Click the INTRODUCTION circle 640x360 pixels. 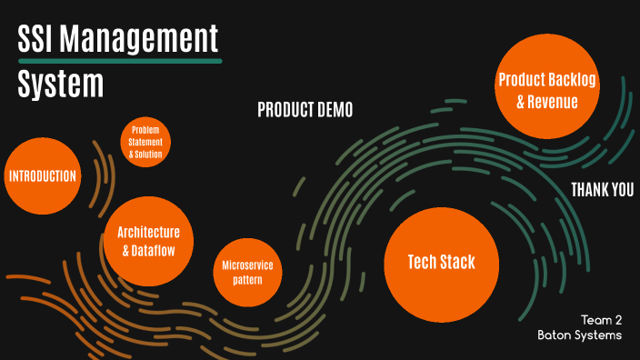pyautogui.click(x=41, y=175)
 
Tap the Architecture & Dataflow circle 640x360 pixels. pyautogui.click(x=149, y=240)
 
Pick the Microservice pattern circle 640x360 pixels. pyautogui.click(x=247, y=272)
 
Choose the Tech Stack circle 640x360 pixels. pyautogui.click(x=442, y=264)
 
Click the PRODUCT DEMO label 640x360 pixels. pyautogui.click(x=305, y=110)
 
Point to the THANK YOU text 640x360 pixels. pyautogui.click(x=602, y=189)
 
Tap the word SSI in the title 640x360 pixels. pyautogui.click(x=39, y=40)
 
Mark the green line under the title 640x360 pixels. pyautogui.click(x=120, y=62)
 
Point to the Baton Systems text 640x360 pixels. pyautogui.click(x=579, y=335)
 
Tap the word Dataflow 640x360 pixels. pyautogui.click(x=155, y=250)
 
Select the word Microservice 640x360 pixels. pyautogui.click(x=247, y=265)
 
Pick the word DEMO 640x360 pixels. pyautogui.click(x=332, y=110)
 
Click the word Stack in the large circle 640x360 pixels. pyautogui.click(x=458, y=264)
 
